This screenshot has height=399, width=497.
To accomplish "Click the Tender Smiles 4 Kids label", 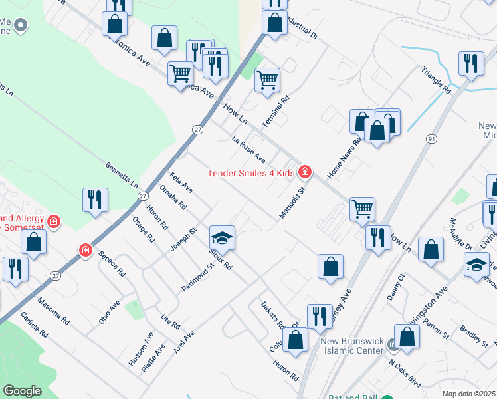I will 250,173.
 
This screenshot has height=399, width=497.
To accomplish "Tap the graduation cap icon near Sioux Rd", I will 223,239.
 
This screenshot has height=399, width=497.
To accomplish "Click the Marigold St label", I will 296,201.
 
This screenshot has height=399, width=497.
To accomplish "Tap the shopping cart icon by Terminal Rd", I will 267,80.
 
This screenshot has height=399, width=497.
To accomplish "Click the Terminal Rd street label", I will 276,112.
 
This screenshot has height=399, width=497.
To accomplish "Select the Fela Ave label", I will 181,182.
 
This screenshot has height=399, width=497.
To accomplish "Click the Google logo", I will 23,391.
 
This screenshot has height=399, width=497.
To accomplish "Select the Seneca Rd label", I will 112,263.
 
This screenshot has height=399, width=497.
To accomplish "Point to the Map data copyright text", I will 469,394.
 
